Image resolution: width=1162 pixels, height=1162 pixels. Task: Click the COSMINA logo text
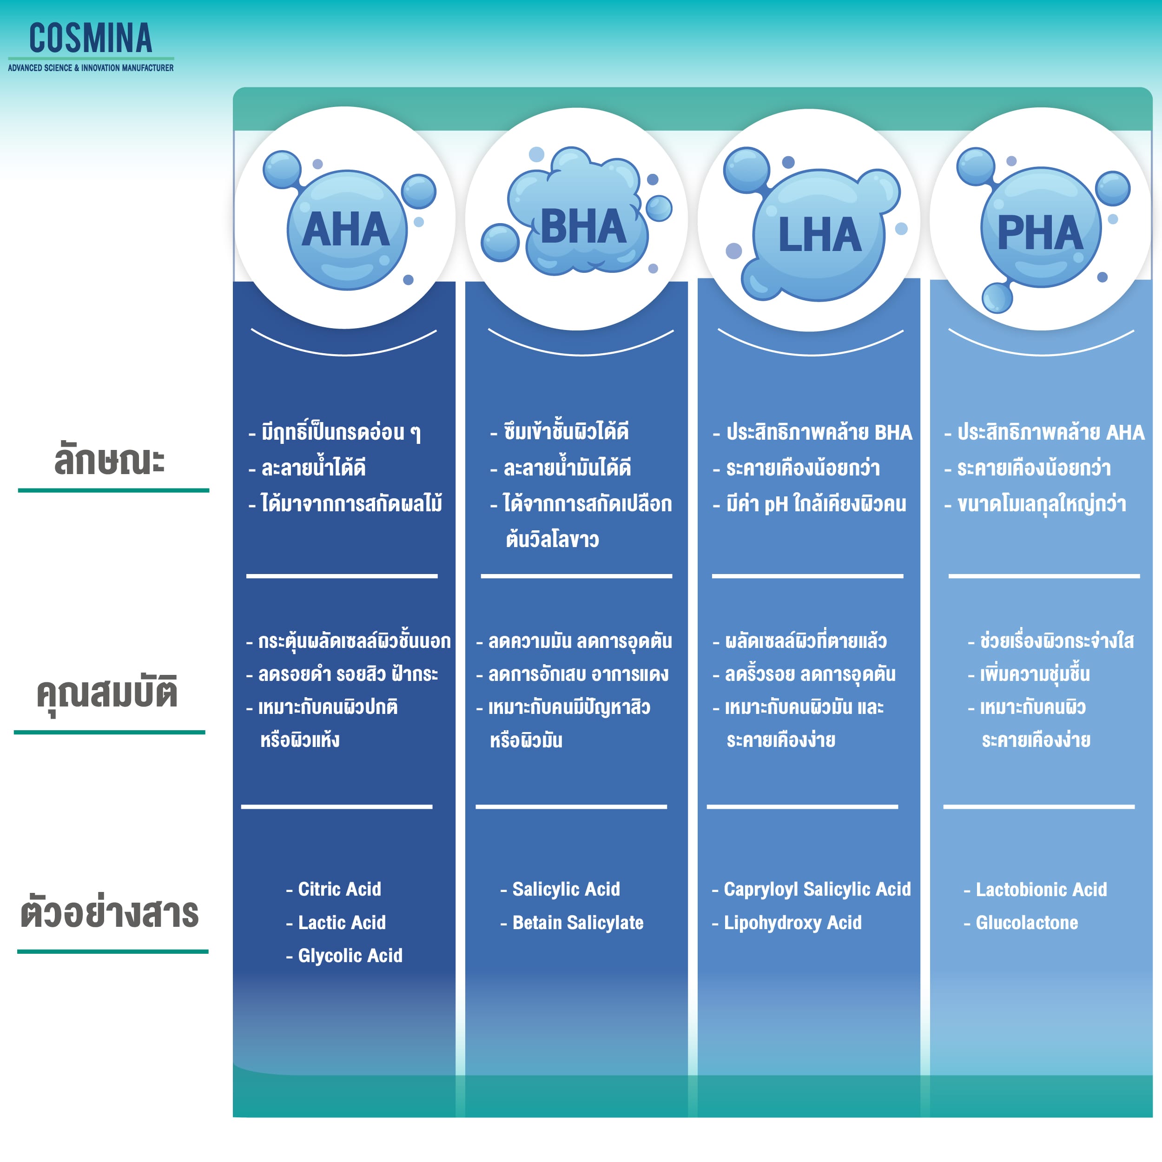tap(91, 39)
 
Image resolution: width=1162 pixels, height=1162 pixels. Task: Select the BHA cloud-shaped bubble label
tap(583, 227)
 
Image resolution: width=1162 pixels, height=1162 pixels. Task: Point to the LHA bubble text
tap(819, 235)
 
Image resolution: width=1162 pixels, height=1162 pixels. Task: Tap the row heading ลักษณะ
tap(110, 460)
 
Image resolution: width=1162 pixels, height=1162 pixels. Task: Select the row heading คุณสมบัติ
tap(107, 693)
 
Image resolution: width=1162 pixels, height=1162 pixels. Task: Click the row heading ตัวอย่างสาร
tap(110, 913)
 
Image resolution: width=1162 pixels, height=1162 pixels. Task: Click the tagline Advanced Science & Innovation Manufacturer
tap(91, 68)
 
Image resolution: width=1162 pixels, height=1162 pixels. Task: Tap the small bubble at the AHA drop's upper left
tap(282, 169)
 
